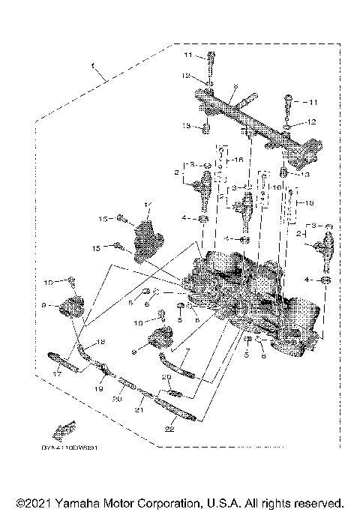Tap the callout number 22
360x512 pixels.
[x=169, y=429]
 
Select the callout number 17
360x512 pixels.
[x=57, y=373]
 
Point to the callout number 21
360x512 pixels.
[x=138, y=411]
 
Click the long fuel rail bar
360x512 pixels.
[x=251, y=118]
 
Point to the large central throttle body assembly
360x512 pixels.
[x=247, y=296]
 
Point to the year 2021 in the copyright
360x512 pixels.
[x=37, y=502]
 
